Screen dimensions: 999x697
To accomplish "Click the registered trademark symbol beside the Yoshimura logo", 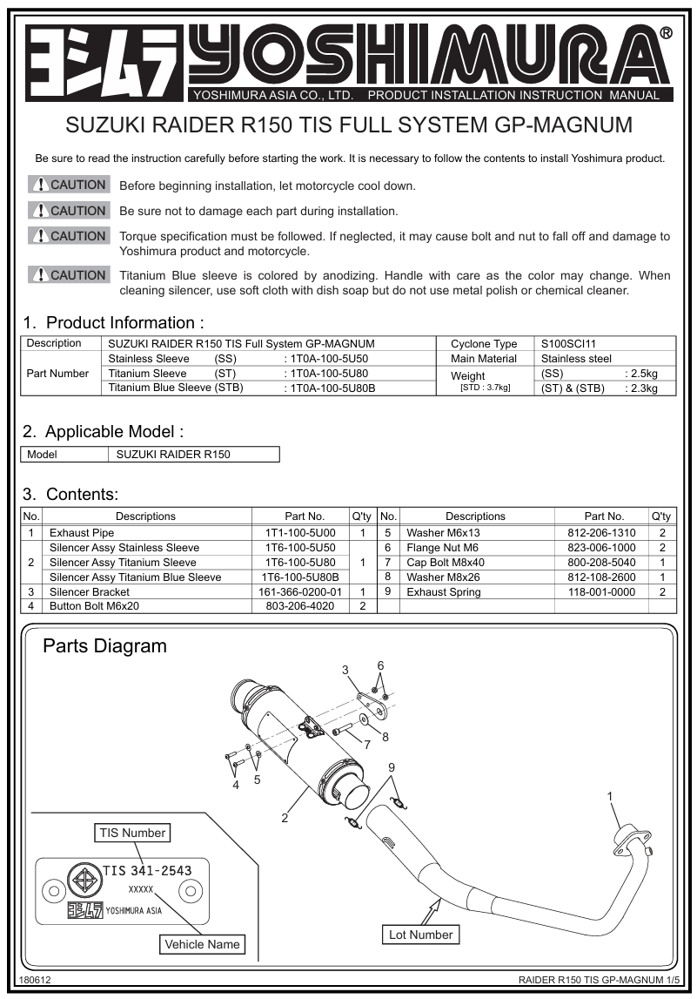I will (x=666, y=34).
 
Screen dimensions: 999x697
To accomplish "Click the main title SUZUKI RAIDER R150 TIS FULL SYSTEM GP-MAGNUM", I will (x=349, y=125).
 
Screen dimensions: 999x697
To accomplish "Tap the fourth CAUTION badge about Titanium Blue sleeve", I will (x=69, y=275).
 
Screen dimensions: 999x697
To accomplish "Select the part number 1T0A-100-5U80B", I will (x=332, y=388).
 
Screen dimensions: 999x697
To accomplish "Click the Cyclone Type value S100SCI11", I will (x=568, y=344).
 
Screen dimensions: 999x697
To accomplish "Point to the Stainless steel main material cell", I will (x=576, y=358).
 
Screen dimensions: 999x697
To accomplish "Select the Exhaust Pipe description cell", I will (x=82, y=532).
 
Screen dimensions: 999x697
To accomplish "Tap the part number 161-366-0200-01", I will (x=299, y=591).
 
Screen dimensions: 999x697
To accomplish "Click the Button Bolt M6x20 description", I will (x=94, y=606).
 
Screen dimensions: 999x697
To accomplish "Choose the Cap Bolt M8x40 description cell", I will (x=446, y=562).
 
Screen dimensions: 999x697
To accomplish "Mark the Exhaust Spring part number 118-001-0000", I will (x=601, y=591).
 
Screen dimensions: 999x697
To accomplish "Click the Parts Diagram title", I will (x=104, y=646).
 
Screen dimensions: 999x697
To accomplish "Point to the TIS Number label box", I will (x=132, y=833).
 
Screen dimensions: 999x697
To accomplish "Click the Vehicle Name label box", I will (x=202, y=944).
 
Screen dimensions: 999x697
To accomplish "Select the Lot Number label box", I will (x=420, y=935).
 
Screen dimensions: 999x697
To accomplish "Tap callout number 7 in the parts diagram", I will (x=367, y=746).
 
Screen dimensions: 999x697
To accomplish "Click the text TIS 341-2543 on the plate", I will (x=147, y=870).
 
